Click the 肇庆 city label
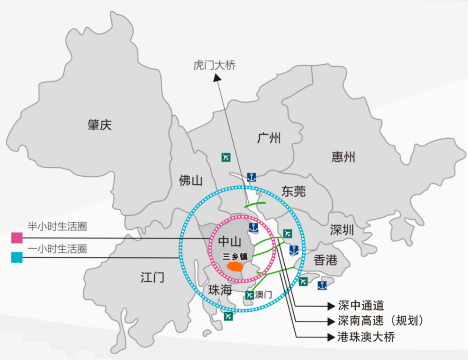click(x=99, y=126)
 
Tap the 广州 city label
click(x=269, y=138)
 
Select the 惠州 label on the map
click(x=343, y=156)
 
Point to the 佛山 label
click(x=191, y=181)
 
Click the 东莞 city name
click(x=293, y=191)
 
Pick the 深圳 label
click(x=342, y=230)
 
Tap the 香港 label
click(x=325, y=260)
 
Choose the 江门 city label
click(x=153, y=277)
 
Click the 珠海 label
click(x=220, y=290)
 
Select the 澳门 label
click(x=263, y=295)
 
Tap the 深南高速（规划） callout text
click(x=380, y=321)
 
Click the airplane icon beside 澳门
click(x=249, y=295)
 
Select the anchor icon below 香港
click(x=322, y=285)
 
